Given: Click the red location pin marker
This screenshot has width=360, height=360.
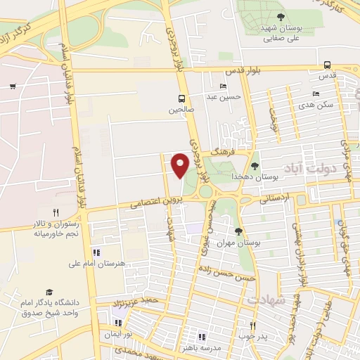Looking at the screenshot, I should click(180, 165).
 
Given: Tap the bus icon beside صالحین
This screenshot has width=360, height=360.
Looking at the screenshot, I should click(182, 98).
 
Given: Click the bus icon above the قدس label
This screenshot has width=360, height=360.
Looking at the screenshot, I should click(328, 63).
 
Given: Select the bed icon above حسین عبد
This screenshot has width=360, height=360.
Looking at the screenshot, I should click(223, 86).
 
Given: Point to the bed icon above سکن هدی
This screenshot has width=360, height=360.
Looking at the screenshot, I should click(316, 94).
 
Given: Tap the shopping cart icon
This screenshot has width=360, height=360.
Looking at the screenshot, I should click(13, 86).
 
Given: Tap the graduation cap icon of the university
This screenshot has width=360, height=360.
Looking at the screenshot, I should click(49, 292).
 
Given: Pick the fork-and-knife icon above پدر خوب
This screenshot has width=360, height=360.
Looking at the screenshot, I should click(252, 326).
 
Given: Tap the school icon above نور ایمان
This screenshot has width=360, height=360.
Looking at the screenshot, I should click(117, 324).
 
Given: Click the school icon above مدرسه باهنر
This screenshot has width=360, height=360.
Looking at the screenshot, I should click(202, 337).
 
